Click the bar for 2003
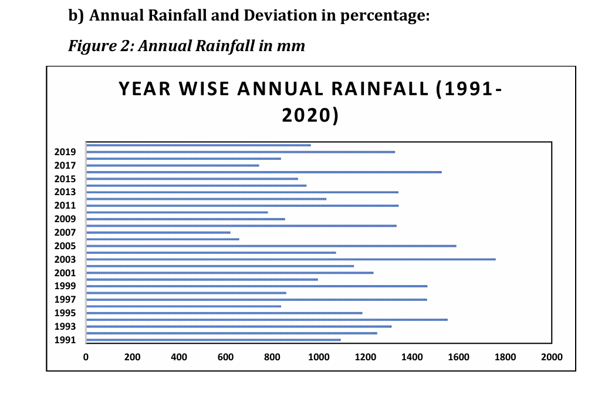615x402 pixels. click(x=290, y=259)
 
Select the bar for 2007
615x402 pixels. click(x=158, y=233)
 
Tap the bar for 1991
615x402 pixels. click(x=213, y=340)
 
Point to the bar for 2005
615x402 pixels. click(x=271, y=246)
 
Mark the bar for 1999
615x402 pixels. click(x=256, y=286)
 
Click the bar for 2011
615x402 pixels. click(x=242, y=206)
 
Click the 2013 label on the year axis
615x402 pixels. click(x=65, y=192)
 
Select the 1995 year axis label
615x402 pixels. click(x=65, y=313)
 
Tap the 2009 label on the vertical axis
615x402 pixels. click(x=65, y=219)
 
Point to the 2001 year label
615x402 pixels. click(x=65, y=273)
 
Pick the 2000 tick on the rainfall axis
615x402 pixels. click(x=551, y=357)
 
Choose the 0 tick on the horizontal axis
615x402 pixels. click(x=86, y=357)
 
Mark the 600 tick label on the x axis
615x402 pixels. click(x=225, y=357)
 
